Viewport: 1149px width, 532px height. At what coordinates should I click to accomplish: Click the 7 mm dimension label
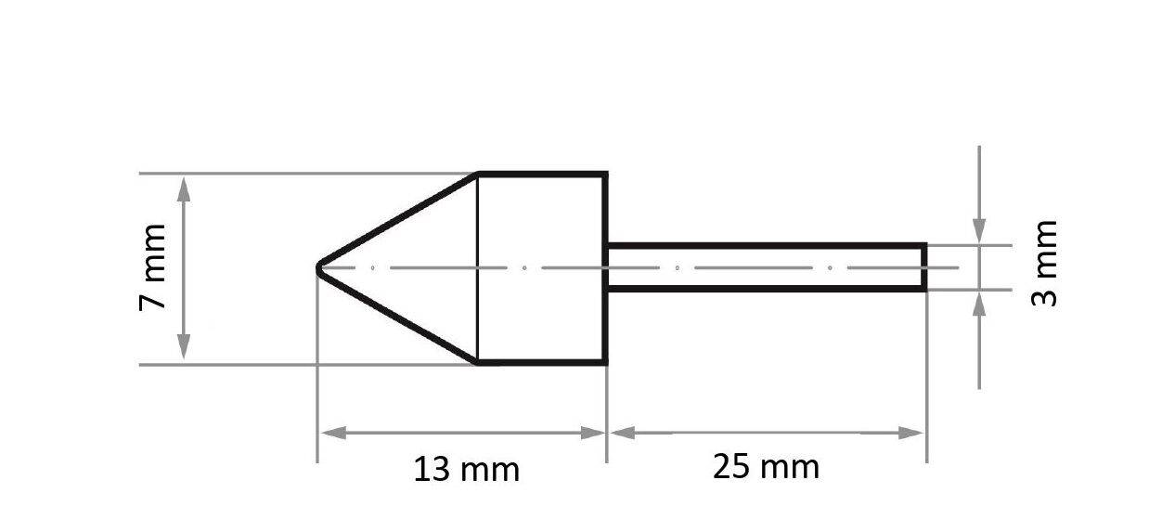point(153,267)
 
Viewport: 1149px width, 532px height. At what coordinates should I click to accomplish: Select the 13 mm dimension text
point(466,469)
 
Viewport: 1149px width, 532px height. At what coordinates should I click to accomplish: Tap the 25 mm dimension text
point(766,467)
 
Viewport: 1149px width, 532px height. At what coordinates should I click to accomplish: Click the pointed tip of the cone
point(319,268)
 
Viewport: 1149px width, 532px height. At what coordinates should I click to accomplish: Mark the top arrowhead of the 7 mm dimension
point(184,186)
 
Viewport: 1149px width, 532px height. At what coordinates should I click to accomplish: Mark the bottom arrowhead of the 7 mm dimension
point(184,350)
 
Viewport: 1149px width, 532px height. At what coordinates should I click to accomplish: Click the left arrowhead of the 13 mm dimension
point(331,434)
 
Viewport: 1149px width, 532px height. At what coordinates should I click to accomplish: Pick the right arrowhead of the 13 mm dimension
point(594,434)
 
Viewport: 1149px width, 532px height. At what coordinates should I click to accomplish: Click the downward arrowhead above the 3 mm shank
point(979,232)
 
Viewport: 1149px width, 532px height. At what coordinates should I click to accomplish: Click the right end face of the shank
point(925,267)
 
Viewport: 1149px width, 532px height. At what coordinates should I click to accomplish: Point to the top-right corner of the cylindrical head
point(606,174)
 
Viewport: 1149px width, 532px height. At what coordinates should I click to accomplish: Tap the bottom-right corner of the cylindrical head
point(606,363)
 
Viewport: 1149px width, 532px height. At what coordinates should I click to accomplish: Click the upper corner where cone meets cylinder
point(477,174)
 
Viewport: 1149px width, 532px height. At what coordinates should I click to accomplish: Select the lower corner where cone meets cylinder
point(477,363)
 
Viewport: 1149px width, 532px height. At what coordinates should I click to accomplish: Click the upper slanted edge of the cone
point(399,220)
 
